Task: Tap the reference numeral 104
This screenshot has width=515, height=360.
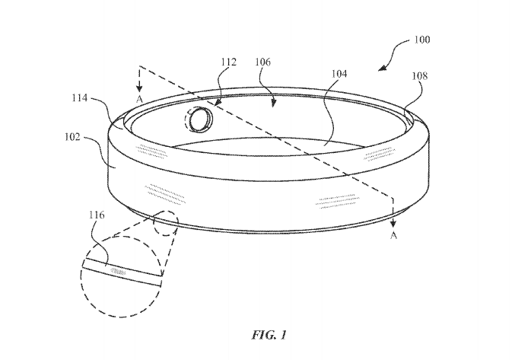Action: pos(339,74)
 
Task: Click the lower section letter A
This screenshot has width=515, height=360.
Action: pos(393,236)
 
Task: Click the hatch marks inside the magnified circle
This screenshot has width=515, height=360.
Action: pos(120,269)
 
